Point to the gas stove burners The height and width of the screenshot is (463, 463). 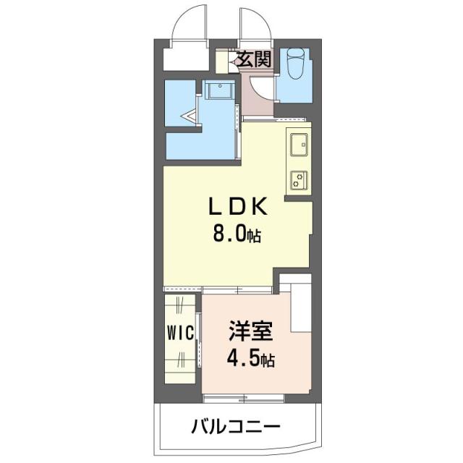pos(299,179)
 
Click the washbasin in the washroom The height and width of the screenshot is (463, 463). pos(217,91)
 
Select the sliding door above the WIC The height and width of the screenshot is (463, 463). pos(180,290)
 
